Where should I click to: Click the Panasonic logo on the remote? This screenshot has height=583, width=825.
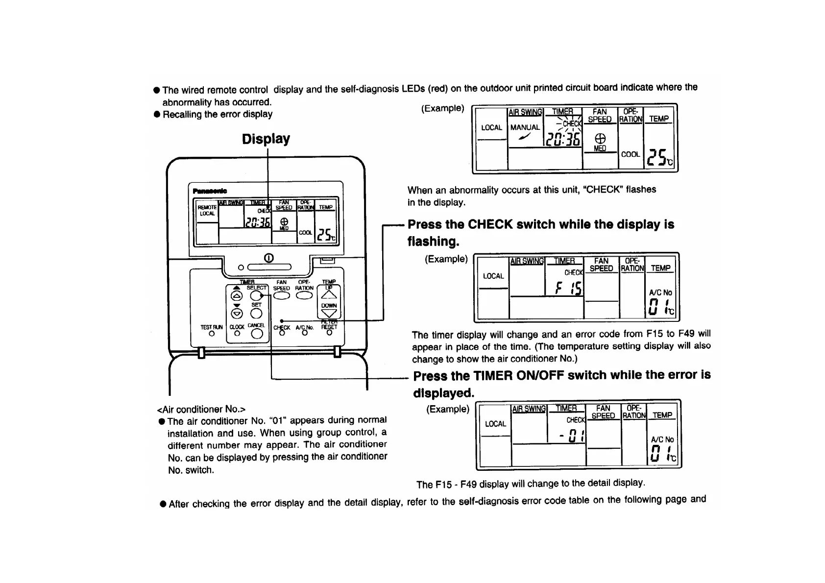210,191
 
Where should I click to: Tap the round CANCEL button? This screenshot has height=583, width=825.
257,334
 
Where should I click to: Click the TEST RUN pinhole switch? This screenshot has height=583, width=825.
212,334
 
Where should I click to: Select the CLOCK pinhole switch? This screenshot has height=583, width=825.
237,334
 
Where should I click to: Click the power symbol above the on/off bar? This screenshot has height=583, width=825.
268,258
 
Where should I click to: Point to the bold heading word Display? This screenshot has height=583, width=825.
266,139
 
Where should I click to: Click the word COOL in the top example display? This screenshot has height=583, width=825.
631,154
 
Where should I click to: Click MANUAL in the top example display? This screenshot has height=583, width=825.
525,127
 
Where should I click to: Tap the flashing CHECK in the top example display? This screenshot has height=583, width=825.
571,124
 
